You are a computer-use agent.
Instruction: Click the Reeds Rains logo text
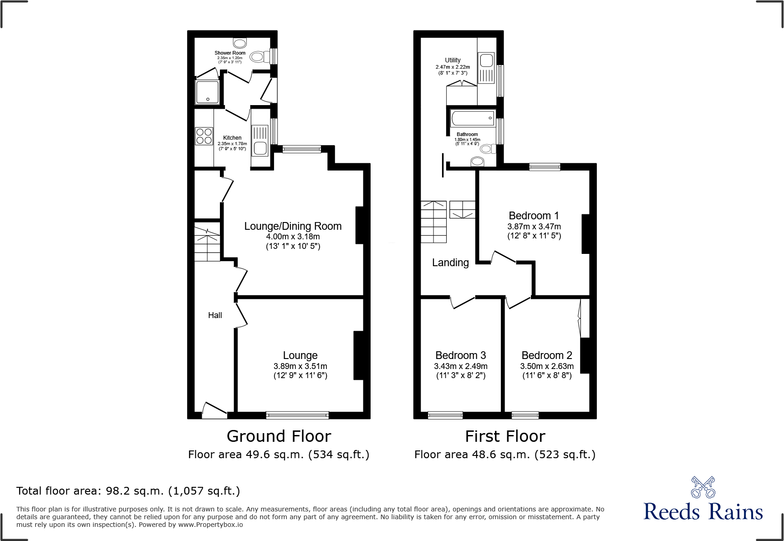703,512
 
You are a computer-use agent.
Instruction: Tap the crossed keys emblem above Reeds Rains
703,488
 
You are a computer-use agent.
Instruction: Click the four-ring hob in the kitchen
204,136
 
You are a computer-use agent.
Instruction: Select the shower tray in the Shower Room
207,92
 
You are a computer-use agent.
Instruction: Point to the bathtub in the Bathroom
473,118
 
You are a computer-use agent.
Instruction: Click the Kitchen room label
232,138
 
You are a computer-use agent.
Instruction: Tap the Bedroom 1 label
534,216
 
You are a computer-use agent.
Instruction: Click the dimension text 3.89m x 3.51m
300,366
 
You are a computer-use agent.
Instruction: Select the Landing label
450,263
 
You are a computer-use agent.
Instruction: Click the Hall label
215,315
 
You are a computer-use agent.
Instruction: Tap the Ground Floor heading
279,436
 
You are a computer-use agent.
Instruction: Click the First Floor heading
505,436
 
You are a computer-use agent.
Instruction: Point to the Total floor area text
128,491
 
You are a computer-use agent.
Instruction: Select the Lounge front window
297,415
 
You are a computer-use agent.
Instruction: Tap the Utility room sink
486,61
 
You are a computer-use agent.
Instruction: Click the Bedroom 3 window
445,415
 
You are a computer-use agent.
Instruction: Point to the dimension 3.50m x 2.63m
547,366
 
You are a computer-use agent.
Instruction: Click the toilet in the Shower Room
259,56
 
